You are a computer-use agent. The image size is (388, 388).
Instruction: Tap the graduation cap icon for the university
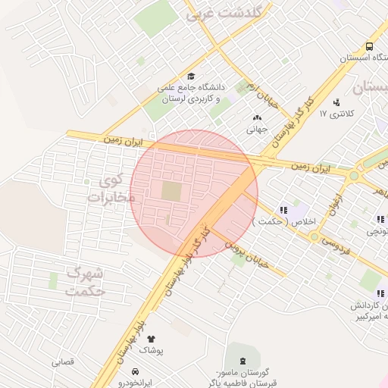tap(191, 76)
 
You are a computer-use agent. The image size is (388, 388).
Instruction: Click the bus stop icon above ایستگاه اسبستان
tap(369, 45)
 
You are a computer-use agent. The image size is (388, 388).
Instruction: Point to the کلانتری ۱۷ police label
tap(336, 114)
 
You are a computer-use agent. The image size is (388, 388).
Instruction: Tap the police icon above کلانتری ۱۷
tap(336, 102)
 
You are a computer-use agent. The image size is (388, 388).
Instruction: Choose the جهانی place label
tap(258, 129)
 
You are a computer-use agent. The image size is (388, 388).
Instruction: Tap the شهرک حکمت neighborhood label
tap(85, 281)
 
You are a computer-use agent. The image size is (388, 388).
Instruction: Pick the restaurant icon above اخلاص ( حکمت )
tap(283, 210)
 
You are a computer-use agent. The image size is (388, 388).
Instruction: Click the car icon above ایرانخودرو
tap(134, 372)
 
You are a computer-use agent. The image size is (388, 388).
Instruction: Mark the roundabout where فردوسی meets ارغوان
tap(314, 236)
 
